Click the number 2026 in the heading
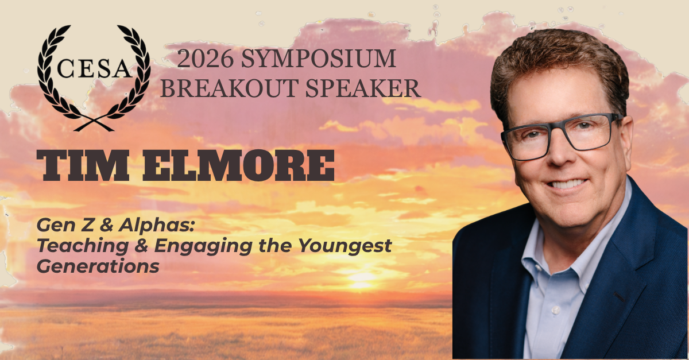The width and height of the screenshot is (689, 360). [x=205, y=59]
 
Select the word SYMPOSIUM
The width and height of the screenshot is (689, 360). [x=318, y=59]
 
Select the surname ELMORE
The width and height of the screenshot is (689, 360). [x=238, y=165]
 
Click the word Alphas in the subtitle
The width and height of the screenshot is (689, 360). [x=157, y=226]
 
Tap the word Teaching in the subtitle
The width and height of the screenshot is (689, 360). [x=83, y=247]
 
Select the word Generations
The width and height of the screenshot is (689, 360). [x=98, y=266]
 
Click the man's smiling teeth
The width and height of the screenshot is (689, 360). [x=567, y=184]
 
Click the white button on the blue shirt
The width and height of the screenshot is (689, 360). [x=556, y=309]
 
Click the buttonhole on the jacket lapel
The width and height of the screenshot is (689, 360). [x=619, y=297]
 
